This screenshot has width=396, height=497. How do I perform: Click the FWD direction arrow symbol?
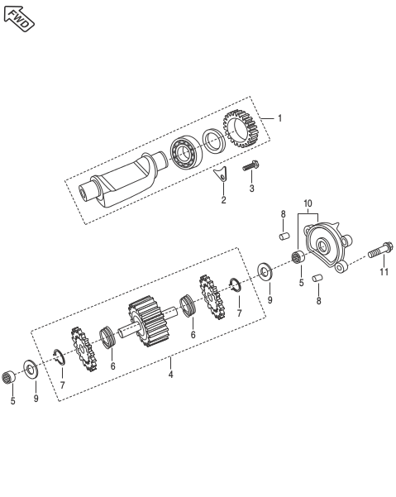tap(19, 17)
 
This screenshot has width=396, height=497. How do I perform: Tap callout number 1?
tap(279, 118)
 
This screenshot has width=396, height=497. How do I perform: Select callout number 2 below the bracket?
tap(222, 200)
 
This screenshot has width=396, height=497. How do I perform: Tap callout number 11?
tap(383, 271)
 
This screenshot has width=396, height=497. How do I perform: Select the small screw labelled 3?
tap(250, 168)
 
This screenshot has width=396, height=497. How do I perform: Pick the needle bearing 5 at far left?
tap(12, 379)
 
